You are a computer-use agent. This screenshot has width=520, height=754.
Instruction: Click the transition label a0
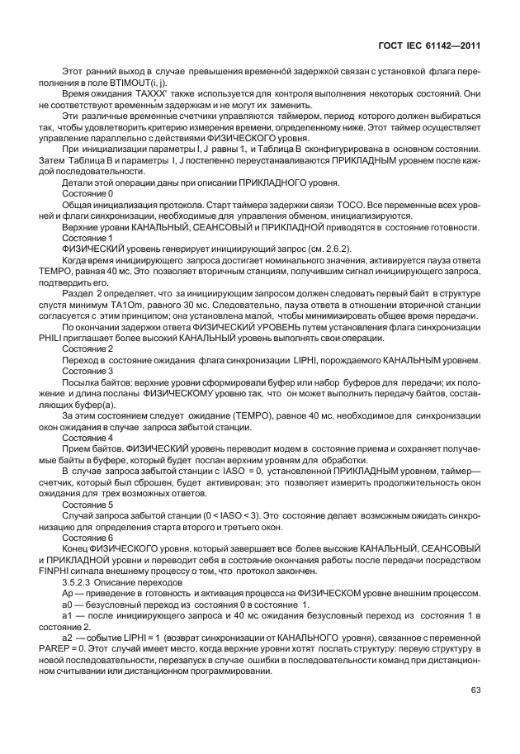coord(69,605)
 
